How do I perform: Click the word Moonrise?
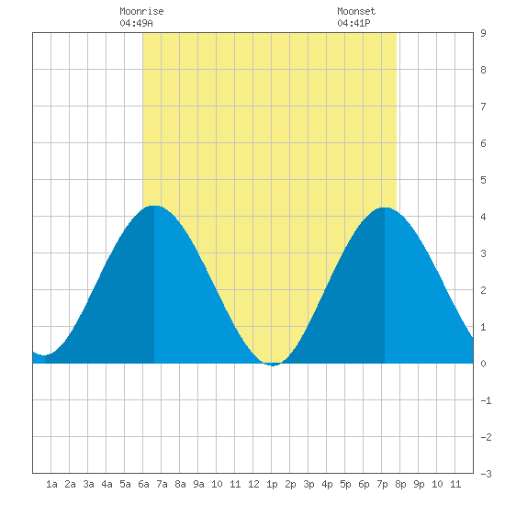click(141, 11)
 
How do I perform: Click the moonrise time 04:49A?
click(136, 23)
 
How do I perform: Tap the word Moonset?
click(356, 11)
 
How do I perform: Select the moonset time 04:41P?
click(353, 23)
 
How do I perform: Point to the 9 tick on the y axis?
click(483, 33)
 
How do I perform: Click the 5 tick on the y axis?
click(483, 180)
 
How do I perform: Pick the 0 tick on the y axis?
click(483, 364)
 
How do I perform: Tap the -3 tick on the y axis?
click(486, 474)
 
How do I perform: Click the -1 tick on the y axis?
click(486, 400)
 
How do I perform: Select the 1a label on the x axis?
click(51, 484)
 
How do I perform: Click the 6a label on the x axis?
click(143, 484)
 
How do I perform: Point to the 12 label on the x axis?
click(253, 484)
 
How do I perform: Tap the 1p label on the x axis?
click(272, 484)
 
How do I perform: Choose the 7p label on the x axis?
click(382, 484)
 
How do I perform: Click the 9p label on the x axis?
click(419, 484)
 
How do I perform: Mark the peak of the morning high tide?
click(154, 206)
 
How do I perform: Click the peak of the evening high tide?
click(385, 208)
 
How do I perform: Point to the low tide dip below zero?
click(273, 365)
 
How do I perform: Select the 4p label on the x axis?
click(327, 484)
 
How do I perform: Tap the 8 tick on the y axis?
click(483, 70)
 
